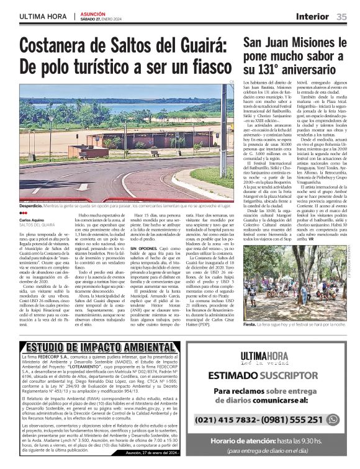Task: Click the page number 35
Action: (x=341, y=16)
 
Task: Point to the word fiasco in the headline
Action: (x=199, y=66)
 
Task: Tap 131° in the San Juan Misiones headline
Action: (x=277, y=71)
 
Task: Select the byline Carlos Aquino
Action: (x=32, y=220)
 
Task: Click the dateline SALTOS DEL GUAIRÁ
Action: (x=37, y=225)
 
